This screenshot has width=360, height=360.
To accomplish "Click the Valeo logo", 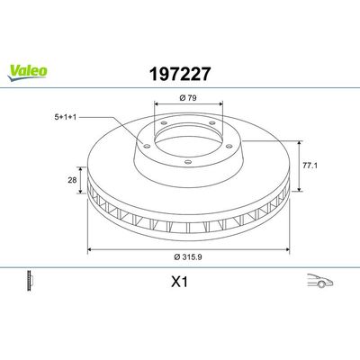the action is [x=27, y=73].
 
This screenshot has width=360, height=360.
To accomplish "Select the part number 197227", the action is [x=180, y=74].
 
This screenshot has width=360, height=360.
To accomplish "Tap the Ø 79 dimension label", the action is [x=188, y=98].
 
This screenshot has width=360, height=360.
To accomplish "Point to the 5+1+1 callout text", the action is [x=66, y=117].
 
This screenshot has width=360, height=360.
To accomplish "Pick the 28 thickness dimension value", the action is [x=72, y=180].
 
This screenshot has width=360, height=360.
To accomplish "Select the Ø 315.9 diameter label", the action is [x=188, y=256].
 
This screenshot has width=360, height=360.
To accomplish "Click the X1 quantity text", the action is [x=179, y=282].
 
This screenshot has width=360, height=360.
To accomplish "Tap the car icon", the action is [x=320, y=281].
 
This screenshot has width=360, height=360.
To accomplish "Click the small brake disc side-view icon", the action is [x=30, y=281].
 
